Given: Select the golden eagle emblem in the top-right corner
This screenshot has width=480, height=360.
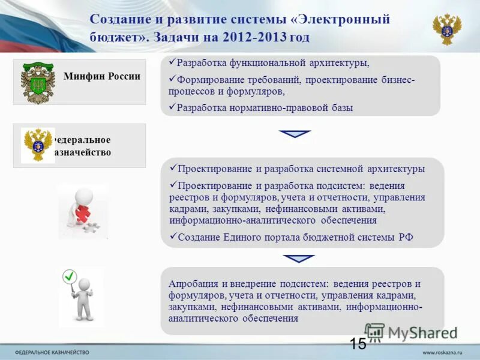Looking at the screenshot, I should [447, 29].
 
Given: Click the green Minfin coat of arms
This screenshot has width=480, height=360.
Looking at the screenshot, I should [37, 82].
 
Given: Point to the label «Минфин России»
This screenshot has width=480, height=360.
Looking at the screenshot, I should [102, 76].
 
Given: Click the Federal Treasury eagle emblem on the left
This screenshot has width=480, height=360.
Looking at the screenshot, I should [38, 145].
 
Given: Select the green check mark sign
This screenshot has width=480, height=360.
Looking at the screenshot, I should [70, 277].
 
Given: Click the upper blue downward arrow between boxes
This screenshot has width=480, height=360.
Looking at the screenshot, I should [295, 134].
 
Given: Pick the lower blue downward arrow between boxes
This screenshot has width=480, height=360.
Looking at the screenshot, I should [299, 259].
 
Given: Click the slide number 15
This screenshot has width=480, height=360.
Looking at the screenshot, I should [358, 344].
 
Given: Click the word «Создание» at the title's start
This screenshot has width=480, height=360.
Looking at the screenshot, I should [118, 19].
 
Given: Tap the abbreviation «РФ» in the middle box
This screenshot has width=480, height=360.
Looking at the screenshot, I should [406, 237].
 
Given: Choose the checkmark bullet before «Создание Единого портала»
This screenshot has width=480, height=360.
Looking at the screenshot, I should [173, 236].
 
